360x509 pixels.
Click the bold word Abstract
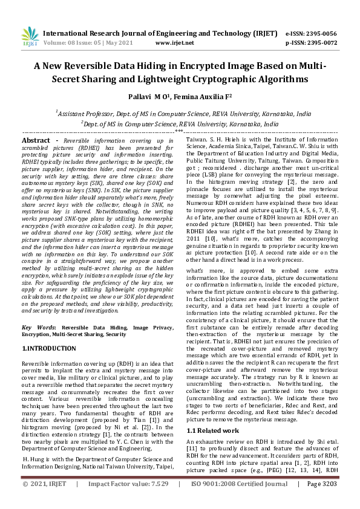pos(36,140)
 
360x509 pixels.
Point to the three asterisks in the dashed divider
pos(179,131)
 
